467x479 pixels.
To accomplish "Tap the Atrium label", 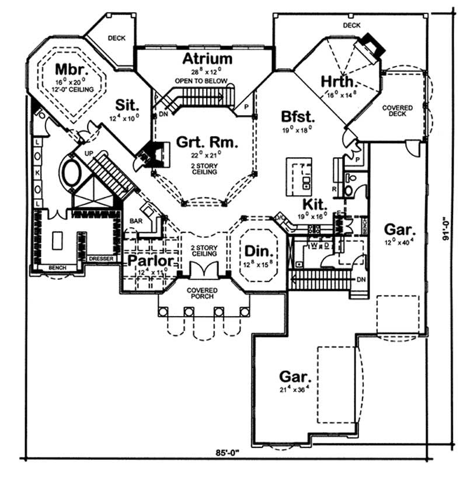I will pyautogui.click(x=207, y=59).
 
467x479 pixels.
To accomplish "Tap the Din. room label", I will pyautogui.click(x=258, y=252).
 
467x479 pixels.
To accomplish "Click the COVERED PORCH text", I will pyautogui.click(x=202, y=294).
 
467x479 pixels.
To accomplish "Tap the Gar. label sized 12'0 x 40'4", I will pyautogui.click(x=399, y=228).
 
